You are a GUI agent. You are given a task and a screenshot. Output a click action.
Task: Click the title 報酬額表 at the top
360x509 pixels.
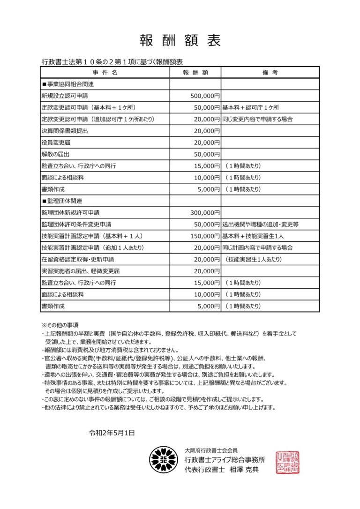point(180,41)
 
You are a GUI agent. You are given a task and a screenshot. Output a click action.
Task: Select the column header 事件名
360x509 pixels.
point(105,72)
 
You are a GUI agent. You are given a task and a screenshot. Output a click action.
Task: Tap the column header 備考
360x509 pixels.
point(270,72)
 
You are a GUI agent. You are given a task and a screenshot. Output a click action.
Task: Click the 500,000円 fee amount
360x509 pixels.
point(205,96)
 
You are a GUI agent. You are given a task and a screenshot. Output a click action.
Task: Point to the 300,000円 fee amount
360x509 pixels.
point(205,213)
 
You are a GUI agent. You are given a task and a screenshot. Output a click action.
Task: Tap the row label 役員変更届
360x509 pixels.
point(56,142)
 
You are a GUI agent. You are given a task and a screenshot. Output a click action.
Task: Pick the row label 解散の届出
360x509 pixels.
point(56,154)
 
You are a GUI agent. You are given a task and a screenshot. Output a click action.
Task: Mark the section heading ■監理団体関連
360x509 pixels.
point(62,201)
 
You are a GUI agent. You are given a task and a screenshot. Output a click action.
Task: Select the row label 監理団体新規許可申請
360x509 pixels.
point(70,213)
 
